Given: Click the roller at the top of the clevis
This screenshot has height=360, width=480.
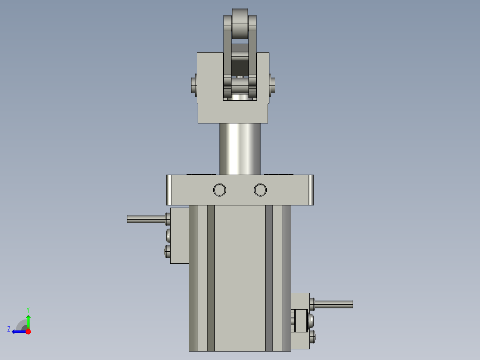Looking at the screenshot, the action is [x=240, y=24].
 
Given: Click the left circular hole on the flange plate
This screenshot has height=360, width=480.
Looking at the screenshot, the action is [x=220, y=190].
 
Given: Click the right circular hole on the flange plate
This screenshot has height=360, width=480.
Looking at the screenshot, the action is [x=260, y=190].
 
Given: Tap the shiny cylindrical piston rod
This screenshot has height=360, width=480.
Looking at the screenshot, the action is [x=240, y=149].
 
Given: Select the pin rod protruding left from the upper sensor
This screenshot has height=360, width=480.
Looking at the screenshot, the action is [x=146, y=219].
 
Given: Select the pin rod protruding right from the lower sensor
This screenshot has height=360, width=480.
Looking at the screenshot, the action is [x=334, y=304].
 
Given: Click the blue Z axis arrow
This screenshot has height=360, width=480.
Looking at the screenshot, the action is [x=19, y=331].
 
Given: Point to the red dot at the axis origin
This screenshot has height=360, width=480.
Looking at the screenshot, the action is [x=28, y=331].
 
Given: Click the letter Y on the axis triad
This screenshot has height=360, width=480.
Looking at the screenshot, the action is [x=28, y=310].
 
